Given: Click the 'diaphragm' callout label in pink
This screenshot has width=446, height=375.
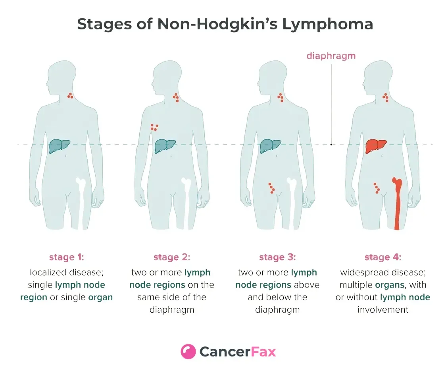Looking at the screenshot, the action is (x=331, y=56).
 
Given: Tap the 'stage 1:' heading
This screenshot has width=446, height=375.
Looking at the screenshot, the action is (x=67, y=257).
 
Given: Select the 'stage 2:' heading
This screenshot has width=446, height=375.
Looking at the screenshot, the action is (x=172, y=257).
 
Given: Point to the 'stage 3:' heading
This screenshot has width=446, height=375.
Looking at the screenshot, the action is (x=277, y=257).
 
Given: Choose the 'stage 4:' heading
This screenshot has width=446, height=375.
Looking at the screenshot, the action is (x=383, y=257).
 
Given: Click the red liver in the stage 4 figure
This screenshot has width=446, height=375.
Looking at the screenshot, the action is (x=375, y=146).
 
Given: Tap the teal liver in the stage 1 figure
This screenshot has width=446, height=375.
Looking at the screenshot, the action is (x=59, y=146).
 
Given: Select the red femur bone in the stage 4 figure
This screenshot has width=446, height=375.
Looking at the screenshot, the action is (x=397, y=203).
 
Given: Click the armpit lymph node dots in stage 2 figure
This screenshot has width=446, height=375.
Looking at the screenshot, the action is (x=154, y=127).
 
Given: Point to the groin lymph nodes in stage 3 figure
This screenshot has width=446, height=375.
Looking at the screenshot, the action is (x=272, y=188).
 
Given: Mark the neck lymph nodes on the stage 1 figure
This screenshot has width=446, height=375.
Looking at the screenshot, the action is (x=70, y=96).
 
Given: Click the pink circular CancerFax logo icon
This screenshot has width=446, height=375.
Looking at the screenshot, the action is (x=188, y=352).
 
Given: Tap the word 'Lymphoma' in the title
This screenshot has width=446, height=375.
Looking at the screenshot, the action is (x=327, y=24).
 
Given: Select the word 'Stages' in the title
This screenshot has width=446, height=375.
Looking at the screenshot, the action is (x=104, y=24).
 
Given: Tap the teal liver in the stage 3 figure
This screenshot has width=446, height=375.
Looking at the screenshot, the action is (x=270, y=146).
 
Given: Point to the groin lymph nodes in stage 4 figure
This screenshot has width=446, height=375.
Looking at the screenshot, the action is (x=377, y=188).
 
